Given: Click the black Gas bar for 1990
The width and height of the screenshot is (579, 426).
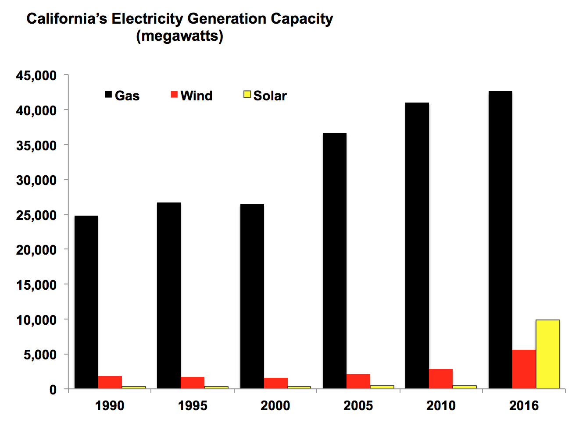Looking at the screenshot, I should point(86,302).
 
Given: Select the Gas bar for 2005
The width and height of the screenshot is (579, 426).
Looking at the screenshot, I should point(335,261).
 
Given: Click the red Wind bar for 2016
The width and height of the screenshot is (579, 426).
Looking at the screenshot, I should point(524,369).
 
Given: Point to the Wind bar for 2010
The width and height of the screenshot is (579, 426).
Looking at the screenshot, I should point(441,379).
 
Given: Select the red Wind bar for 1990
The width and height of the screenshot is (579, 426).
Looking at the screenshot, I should point(110,382).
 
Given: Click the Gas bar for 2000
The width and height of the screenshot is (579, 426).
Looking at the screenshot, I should point(252,296).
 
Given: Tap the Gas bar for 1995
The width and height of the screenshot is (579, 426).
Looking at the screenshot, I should point(169,295).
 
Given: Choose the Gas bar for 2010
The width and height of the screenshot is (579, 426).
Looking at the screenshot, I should point(417,245).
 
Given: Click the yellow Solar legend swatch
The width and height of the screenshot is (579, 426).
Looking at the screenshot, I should point(247,95).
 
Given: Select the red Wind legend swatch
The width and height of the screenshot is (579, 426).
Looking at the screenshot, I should point(174,95).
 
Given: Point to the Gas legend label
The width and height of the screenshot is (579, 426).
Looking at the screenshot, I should point(127,96).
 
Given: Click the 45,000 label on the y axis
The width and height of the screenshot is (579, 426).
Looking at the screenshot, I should point(36,76).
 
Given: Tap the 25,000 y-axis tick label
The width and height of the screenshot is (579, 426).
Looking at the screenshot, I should point(36,215).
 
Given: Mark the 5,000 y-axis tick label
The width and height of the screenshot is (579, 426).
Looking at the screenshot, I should point(40,355).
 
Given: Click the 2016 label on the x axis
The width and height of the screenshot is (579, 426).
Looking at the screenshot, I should point(524,406).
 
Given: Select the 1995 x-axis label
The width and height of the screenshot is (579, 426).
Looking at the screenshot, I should point(193,406).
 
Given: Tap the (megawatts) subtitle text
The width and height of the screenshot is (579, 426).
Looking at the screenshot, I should point(179,36).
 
